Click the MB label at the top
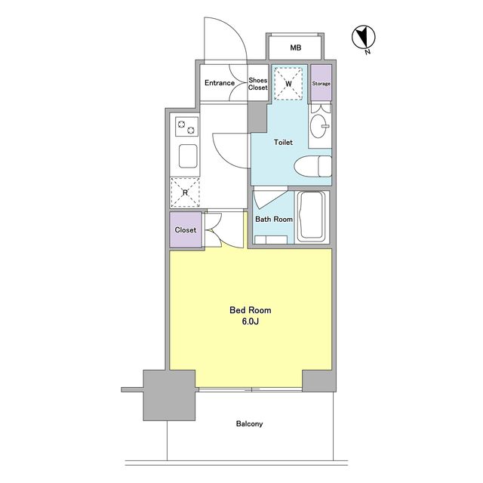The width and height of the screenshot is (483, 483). click(295, 48)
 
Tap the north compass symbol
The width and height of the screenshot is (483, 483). click(364, 37)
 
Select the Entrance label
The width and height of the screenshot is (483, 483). click(220, 83)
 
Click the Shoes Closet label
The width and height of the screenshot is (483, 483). click(258, 84)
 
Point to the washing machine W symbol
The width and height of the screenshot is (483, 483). click(288, 84)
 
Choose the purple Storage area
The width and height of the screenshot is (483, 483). click(321, 82)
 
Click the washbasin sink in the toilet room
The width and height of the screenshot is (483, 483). click(319, 126)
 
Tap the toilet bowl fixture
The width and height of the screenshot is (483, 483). click(312, 166)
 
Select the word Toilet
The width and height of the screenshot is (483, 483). click(283, 143)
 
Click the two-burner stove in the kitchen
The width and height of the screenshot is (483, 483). click(186, 126)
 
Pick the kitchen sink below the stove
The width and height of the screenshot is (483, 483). click(188, 156)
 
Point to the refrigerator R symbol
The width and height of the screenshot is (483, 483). click(185, 192)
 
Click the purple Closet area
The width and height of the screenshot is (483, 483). click(186, 229)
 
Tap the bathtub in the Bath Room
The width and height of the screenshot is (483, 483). click(312, 217)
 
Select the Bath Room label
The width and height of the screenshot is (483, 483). click(274, 220)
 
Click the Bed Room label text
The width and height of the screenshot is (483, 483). click(251, 310)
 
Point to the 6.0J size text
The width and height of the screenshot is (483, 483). click(250, 321)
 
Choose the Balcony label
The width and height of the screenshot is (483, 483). click(249, 424)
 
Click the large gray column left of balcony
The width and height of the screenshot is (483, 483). click(169, 395)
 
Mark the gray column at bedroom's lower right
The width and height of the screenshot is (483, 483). click(318, 380)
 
